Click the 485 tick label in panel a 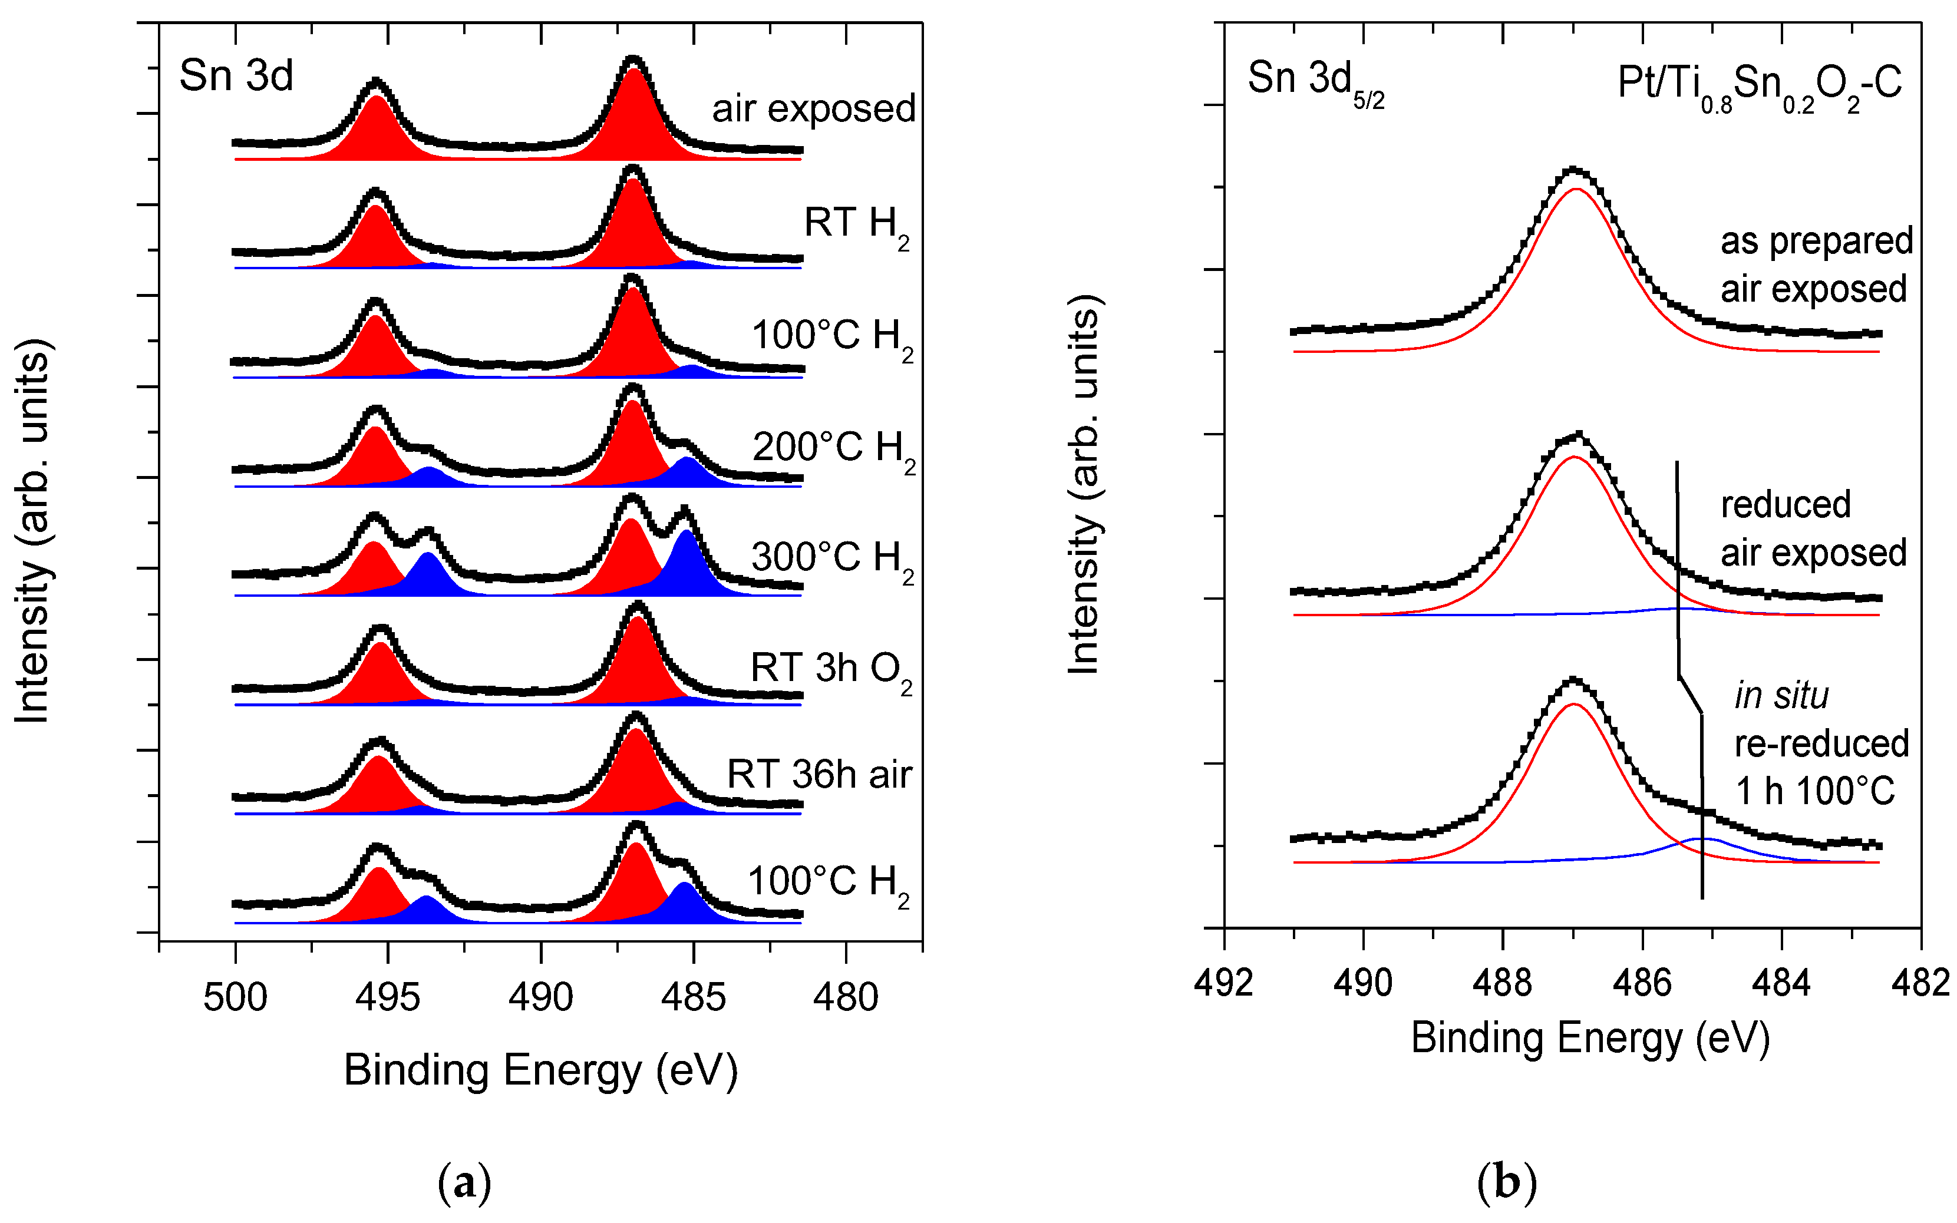point(694,997)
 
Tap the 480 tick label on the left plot point(846,997)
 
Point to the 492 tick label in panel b point(1224,983)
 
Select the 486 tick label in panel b point(1642,983)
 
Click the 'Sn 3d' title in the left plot point(236,76)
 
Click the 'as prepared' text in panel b point(1816,241)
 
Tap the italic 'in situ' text point(1781,696)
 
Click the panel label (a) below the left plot point(464,1184)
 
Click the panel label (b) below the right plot point(1506,1184)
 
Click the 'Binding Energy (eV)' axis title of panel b point(1590,1038)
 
